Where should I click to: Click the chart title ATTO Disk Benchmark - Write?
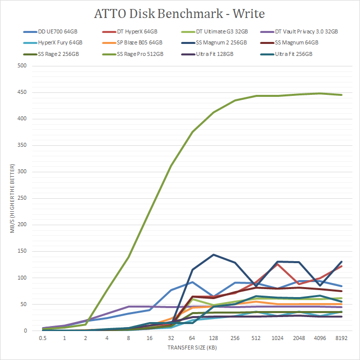coord(179,12)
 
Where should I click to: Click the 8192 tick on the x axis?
coord(341,338)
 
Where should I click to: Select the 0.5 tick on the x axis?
coord(44,338)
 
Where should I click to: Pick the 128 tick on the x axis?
coord(213,338)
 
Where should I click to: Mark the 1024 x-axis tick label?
coord(277,338)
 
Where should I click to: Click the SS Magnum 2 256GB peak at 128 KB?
coord(213,255)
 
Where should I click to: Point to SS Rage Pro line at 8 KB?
coord(129,257)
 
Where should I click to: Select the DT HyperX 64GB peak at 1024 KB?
coord(277,264)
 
